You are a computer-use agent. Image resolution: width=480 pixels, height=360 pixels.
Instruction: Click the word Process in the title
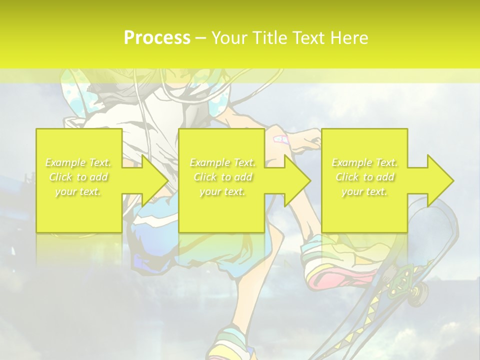pyautogui.click(x=157, y=37)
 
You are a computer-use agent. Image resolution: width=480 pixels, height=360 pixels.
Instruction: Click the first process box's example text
pyautogui.click(x=78, y=177)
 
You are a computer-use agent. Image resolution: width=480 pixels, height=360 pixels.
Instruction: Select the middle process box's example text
pyautogui.click(x=222, y=177)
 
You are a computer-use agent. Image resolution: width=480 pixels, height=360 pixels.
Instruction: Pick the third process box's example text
pyautogui.click(x=364, y=177)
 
